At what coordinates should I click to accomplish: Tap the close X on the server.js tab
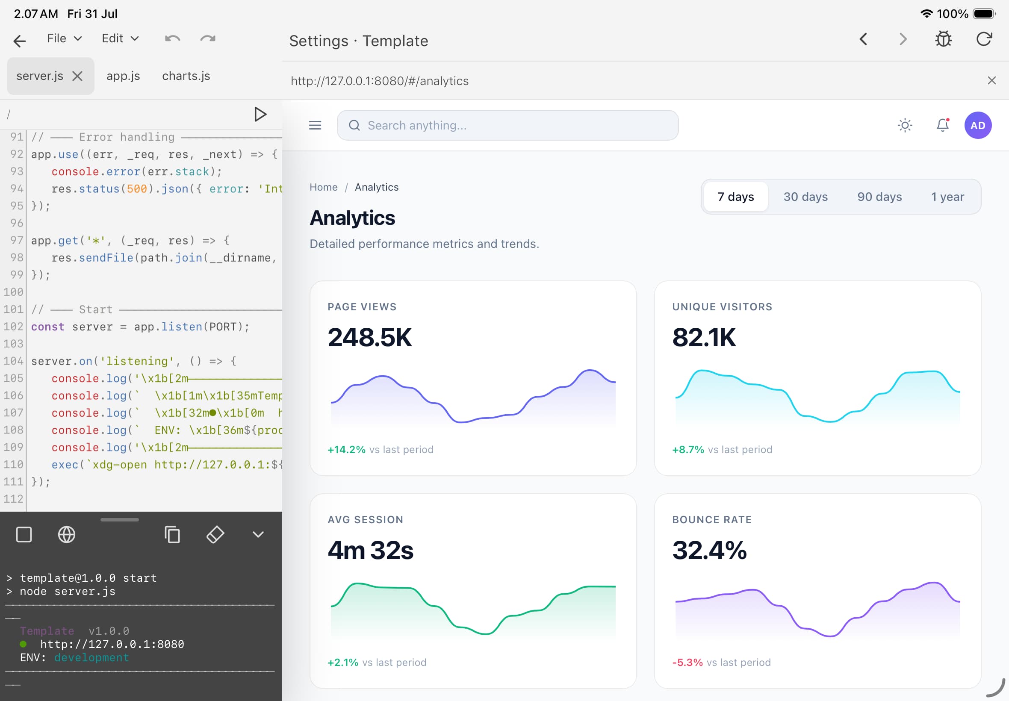[77, 77]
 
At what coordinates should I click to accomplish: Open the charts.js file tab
[186, 76]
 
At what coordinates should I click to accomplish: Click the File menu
[64, 38]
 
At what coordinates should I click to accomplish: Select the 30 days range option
[805, 197]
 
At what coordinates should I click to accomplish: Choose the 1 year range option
[947, 197]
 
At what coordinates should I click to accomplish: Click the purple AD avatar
[977, 126]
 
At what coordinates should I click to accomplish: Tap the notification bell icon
[943, 125]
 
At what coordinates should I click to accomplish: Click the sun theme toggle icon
[905, 126]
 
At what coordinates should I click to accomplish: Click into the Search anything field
[507, 126]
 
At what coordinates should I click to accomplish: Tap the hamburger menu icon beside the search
[315, 126]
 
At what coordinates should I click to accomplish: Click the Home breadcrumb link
[324, 187]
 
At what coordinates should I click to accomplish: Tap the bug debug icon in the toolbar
[943, 39]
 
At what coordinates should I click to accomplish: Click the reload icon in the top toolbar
[984, 39]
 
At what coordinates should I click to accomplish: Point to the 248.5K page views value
[369, 337]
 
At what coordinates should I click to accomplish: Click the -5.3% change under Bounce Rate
[687, 663]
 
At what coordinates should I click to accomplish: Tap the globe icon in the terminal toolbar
[67, 535]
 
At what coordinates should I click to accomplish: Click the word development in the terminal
[91, 657]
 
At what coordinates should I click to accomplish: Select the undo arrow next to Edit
[173, 38]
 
